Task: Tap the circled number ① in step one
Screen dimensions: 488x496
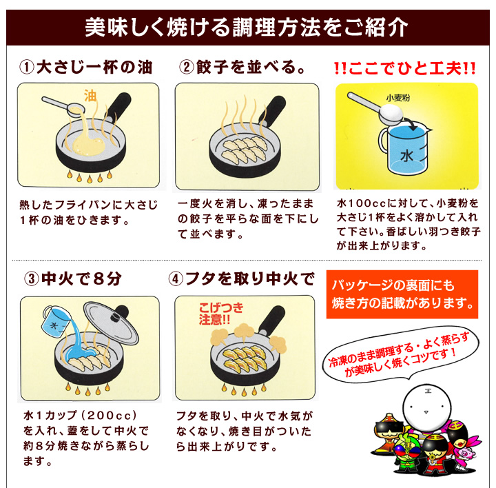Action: pyautogui.click(x=27, y=68)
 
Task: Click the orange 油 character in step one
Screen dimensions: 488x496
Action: pyautogui.click(x=90, y=95)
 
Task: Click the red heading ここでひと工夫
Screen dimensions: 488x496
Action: pyautogui.click(x=404, y=68)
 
